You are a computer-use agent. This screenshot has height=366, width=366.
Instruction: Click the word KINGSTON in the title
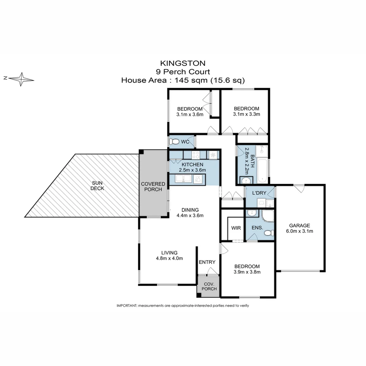183,63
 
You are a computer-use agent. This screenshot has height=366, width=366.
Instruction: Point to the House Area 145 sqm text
183,80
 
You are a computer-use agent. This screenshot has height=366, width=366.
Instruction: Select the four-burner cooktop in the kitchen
196,155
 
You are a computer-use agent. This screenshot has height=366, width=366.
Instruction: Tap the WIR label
236,228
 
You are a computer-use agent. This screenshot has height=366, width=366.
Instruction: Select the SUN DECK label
98,186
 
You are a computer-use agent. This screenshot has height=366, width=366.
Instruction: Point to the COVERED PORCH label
153,186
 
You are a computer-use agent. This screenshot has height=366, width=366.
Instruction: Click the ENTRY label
207,262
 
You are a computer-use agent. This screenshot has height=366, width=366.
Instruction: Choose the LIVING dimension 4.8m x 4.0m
169,258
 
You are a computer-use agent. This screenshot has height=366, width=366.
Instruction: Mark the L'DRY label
260,193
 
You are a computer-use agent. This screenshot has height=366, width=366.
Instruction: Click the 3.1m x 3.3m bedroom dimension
246,114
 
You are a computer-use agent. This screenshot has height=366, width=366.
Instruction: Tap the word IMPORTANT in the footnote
126,306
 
